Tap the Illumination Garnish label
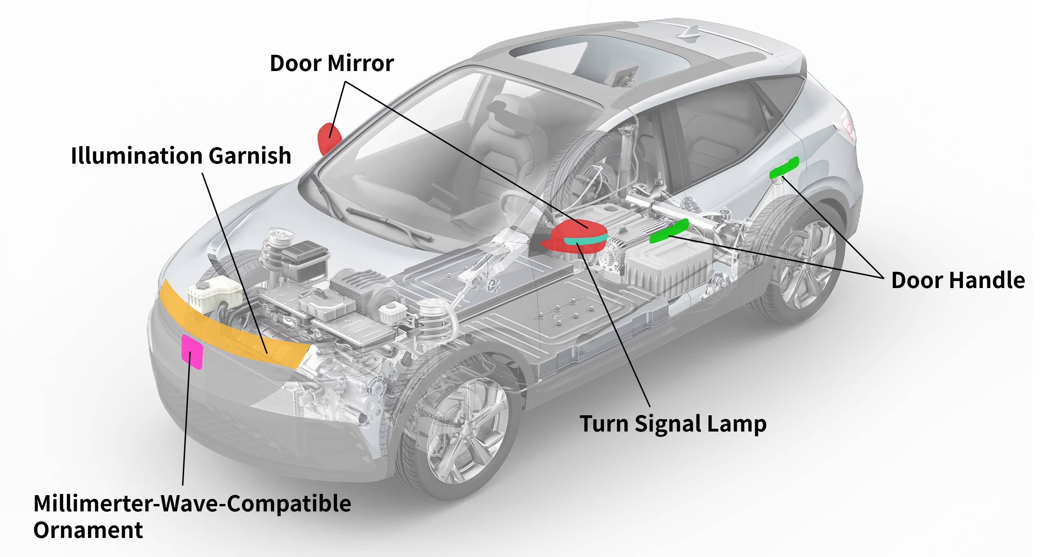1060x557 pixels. [181, 156]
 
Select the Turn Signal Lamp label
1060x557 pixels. [673, 424]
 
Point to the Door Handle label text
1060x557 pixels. [958, 281]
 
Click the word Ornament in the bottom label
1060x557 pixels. [88, 530]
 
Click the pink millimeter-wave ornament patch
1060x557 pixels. [192, 352]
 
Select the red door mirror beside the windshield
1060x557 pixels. [329, 137]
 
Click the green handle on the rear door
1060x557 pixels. [784, 168]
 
